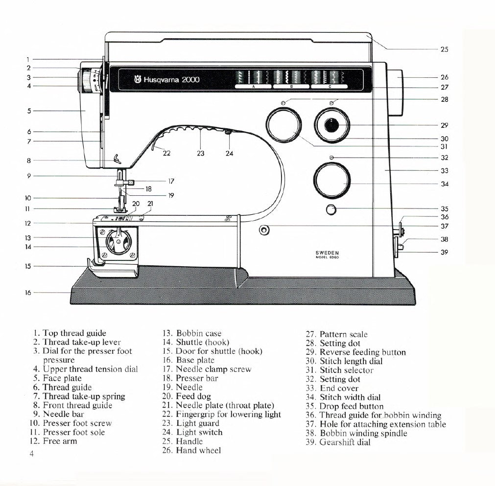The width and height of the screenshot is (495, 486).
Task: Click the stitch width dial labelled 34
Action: (331, 181)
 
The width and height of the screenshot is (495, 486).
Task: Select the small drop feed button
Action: (331, 210)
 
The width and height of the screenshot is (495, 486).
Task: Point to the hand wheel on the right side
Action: (396, 93)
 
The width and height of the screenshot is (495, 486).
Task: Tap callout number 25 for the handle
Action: (444, 49)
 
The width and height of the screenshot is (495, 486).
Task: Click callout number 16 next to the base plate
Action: (28, 293)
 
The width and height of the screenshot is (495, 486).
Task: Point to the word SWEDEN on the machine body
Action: (327, 253)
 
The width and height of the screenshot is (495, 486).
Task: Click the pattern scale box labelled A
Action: (254, 86)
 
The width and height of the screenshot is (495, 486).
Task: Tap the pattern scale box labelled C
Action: (330, 86)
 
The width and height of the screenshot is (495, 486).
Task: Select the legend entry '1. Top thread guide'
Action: (70, 333)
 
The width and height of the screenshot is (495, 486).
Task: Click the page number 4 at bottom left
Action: (32, 454)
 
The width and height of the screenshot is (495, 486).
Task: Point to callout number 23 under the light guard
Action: (201, 153)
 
